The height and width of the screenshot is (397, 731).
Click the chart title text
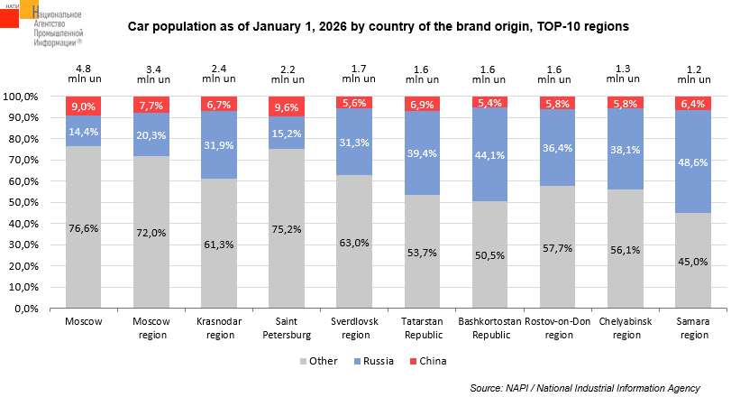(x=379, y=27)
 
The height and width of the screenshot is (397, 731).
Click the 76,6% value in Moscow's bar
(x=83, y=228)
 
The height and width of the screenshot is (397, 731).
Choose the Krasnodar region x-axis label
(x=218, y=328)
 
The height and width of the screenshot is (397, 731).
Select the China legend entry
(x=432, y=361)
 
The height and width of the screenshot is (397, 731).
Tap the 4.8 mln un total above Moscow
(x=83, y=73)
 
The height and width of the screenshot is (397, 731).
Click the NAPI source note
(x=585, y=387)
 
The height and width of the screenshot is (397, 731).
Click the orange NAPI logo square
(x=15, y=15)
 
